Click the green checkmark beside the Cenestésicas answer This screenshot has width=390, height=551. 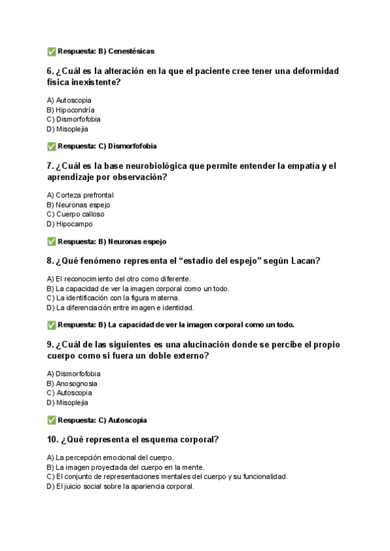(51, 51)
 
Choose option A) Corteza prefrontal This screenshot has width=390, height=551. (80, 195)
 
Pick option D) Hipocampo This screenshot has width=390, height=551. (70, 224)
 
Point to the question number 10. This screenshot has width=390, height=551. (53, 440)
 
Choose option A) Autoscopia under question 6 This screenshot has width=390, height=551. (69, 100)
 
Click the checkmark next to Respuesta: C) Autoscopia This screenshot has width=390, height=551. (51, 420)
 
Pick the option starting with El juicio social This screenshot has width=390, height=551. (120, 487)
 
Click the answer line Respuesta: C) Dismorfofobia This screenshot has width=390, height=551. (107, 146)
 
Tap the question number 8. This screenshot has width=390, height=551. (50, 261)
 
